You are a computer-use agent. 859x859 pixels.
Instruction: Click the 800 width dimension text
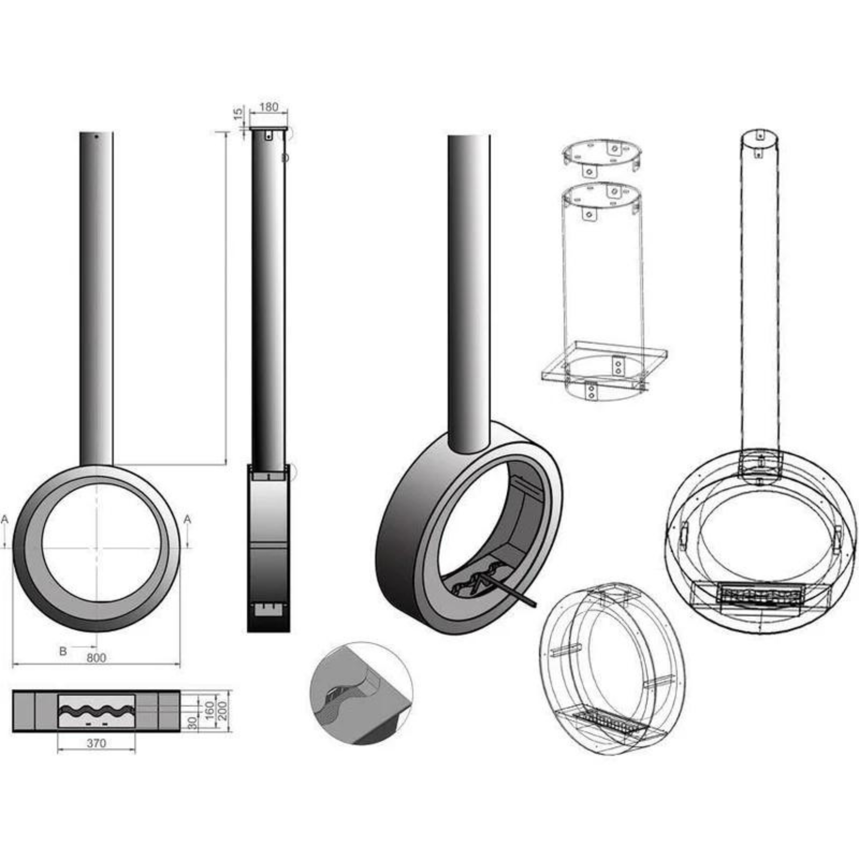[x=96, y=658]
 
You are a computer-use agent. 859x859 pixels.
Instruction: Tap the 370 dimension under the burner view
[x=96, y=743]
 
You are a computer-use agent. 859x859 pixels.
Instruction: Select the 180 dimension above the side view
[x=268, y=107]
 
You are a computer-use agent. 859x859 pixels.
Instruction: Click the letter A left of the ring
[x=5, y=519]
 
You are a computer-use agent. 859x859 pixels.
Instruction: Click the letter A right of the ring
[x=187, y=519]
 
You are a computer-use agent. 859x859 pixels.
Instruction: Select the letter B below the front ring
[x=63, y=652]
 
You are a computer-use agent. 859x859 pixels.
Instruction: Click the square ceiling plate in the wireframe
[x=605, y=362]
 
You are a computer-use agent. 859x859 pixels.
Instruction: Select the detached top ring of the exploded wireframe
[x=603, y=155]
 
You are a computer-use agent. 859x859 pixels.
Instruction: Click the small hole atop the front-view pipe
[x=96, y=137]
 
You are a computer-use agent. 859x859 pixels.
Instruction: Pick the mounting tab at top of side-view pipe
[x=268, y=135]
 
